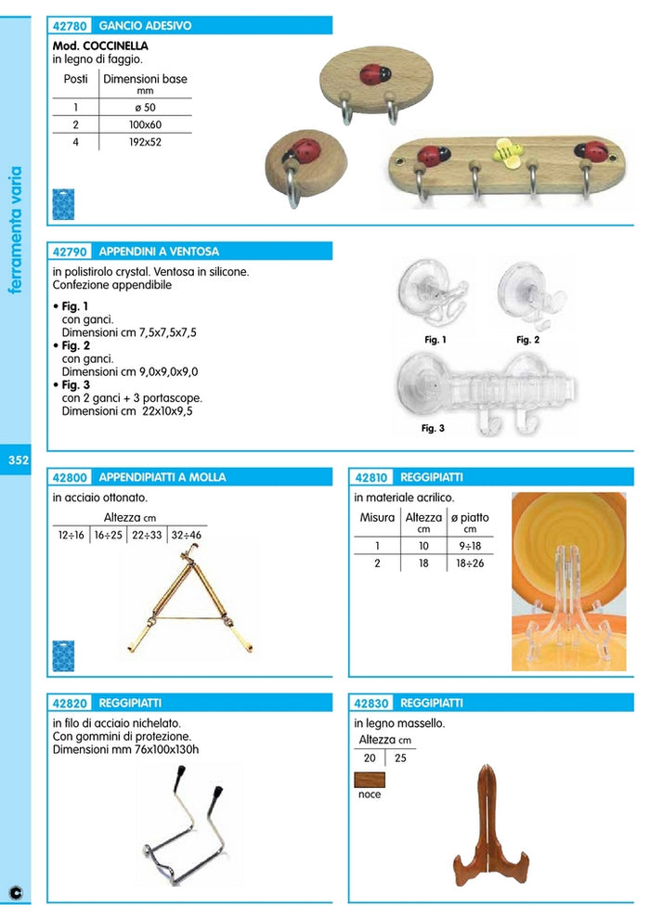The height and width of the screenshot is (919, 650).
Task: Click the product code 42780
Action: [71, 26]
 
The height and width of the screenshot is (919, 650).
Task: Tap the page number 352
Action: [18, 460]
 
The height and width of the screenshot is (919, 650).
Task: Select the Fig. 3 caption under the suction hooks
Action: [433, 429]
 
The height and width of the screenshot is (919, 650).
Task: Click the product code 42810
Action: [372, 477]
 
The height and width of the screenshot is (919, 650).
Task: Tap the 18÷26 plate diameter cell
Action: [471, 563]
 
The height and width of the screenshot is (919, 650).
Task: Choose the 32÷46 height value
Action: [186, 535]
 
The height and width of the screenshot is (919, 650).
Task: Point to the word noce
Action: [370, 795]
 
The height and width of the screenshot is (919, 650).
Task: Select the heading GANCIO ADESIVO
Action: [145, 26]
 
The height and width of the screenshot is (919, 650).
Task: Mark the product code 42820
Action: [71, 703]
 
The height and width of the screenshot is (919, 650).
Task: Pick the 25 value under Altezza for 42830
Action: [401, 758]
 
